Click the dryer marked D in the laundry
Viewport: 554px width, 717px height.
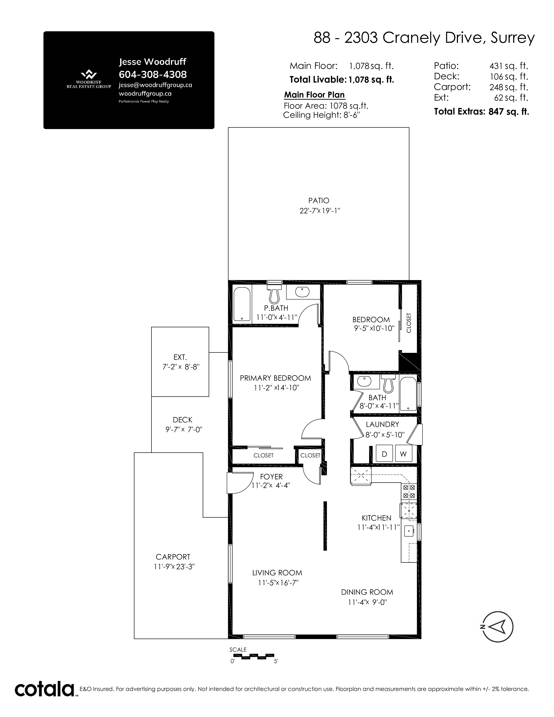pos(384,453)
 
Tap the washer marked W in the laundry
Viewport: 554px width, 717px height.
pos(403,453)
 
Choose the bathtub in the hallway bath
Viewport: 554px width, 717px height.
pos(408,394)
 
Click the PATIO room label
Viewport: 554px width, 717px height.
pos(319,200)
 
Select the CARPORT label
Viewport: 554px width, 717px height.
pos(173,557)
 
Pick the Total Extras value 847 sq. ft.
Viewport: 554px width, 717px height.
pos(509,112)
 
